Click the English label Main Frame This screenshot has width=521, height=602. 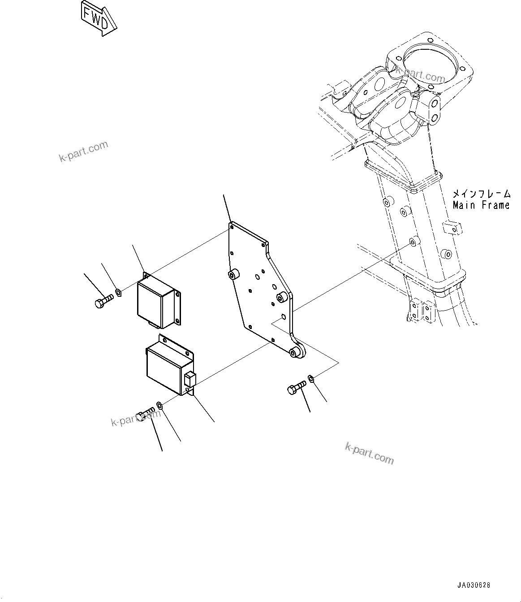click(481, 205)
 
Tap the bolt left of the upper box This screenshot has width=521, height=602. click(103, 300)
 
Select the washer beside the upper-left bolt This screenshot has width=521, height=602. click(118, 293)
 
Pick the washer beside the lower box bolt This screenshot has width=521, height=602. click(160, 405)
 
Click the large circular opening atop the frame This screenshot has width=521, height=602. click(431, 62)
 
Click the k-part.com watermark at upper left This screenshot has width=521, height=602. click(83, 152)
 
